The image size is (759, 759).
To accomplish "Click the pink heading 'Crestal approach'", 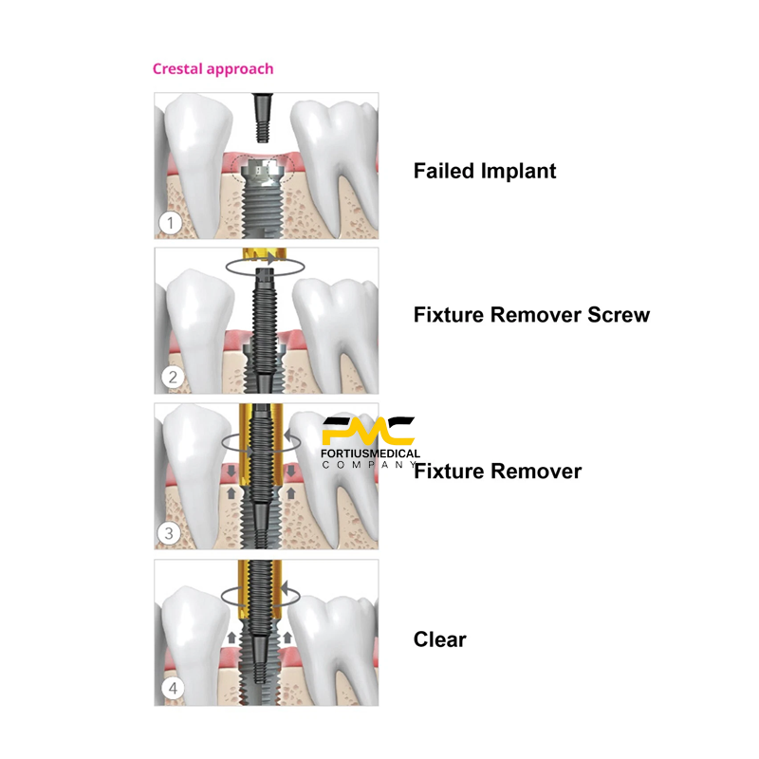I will click(213, 69).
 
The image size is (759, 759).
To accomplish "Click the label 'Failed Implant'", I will click(485, 172).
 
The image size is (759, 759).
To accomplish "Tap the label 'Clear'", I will click(439, 639).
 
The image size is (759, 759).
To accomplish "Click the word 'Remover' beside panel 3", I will click(539, 471).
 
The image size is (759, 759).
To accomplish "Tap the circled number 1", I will click(169, 225).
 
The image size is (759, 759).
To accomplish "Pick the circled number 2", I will click(171, 378).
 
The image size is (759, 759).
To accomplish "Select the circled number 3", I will click(169, 533).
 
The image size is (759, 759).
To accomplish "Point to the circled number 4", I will click(171, 689).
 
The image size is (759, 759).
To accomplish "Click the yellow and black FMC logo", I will click(367, 431).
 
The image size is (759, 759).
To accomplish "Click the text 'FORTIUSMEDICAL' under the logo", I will click(371, 454).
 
